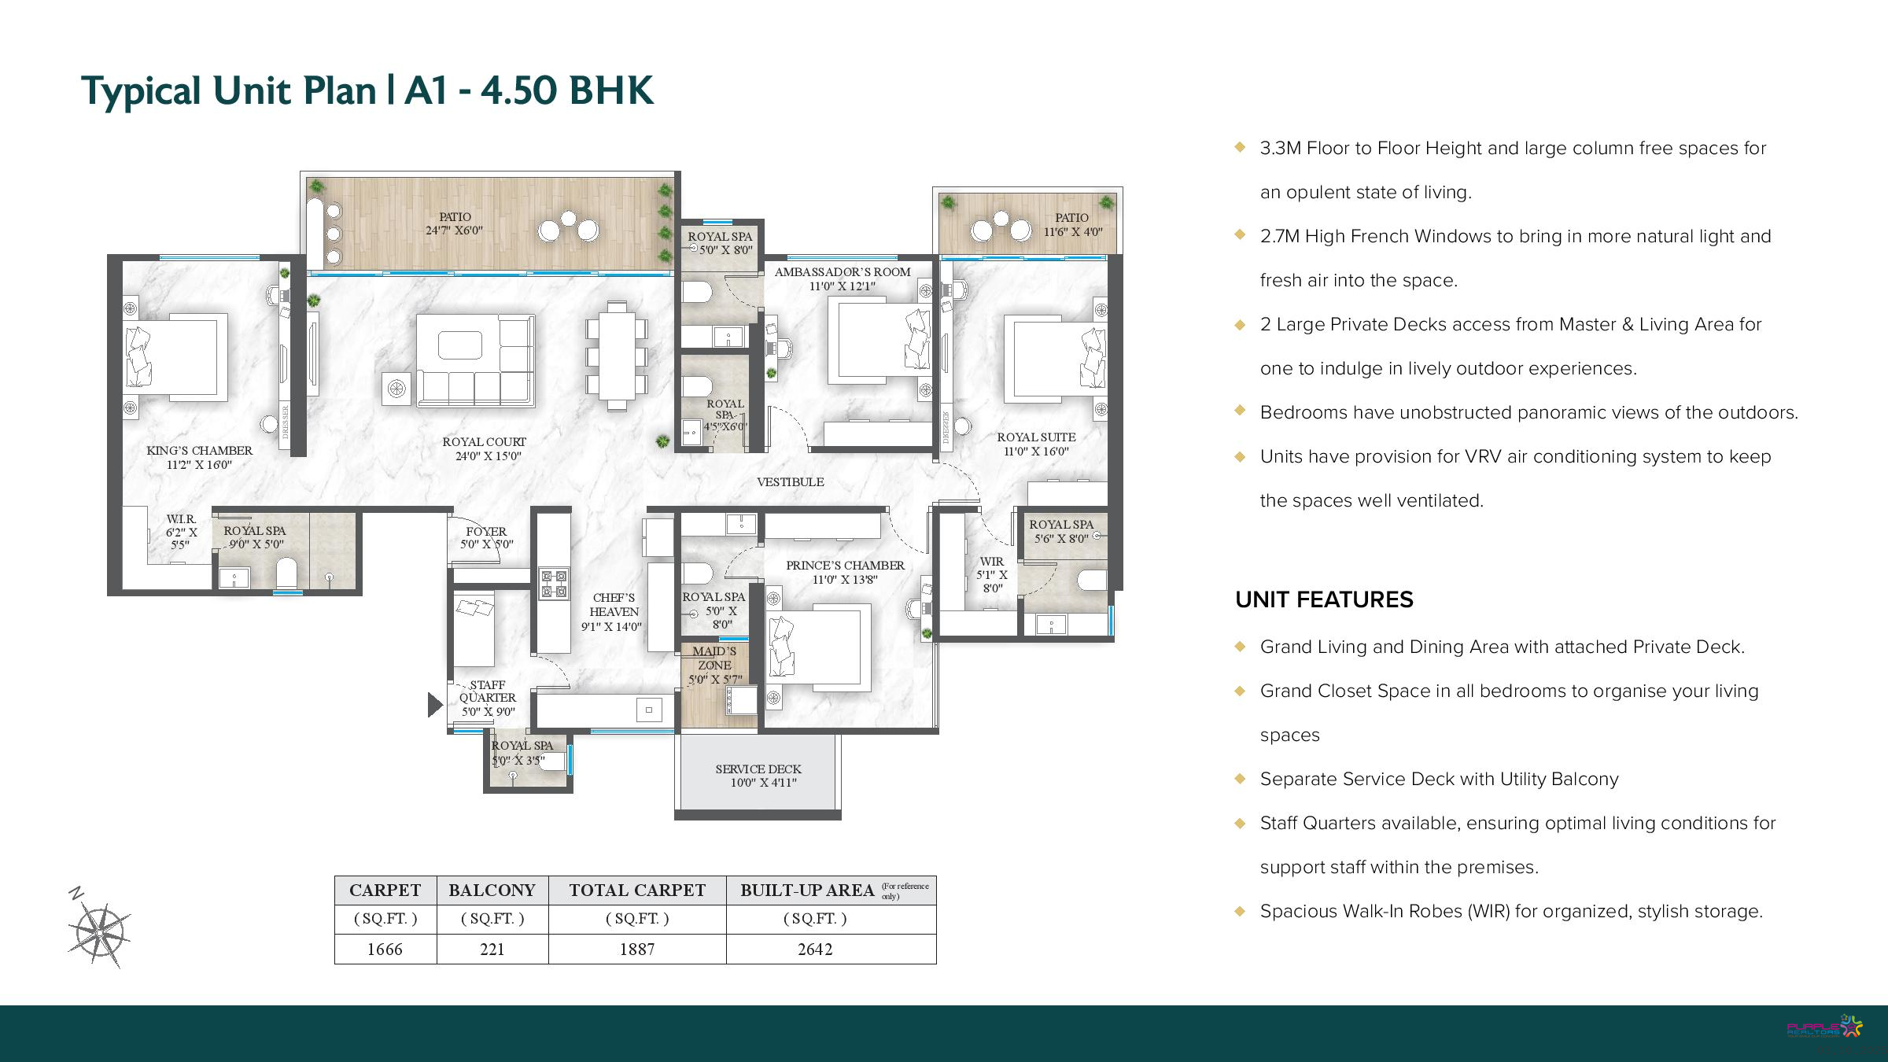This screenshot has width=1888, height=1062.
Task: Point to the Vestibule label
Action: click(791, 482)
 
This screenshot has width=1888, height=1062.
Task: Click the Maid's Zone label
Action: click(714, 658)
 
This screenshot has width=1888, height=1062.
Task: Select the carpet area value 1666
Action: click(385, 950)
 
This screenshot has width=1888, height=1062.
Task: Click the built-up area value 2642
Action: click(815, 950)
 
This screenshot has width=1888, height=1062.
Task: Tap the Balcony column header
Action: click(492, 891)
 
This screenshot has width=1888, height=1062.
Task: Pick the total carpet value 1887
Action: click(637, 950)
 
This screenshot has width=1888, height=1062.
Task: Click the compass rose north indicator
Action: click(76, 893)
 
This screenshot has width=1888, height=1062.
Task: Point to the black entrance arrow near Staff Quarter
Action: click(435, 705)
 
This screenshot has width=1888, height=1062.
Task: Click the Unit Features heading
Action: click(1324, 600)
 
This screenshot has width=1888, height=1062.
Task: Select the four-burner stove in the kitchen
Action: click(554, 584)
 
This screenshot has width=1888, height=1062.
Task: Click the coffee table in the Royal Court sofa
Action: click(460, 345)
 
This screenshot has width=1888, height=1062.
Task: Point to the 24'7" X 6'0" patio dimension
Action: click(454, 230)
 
